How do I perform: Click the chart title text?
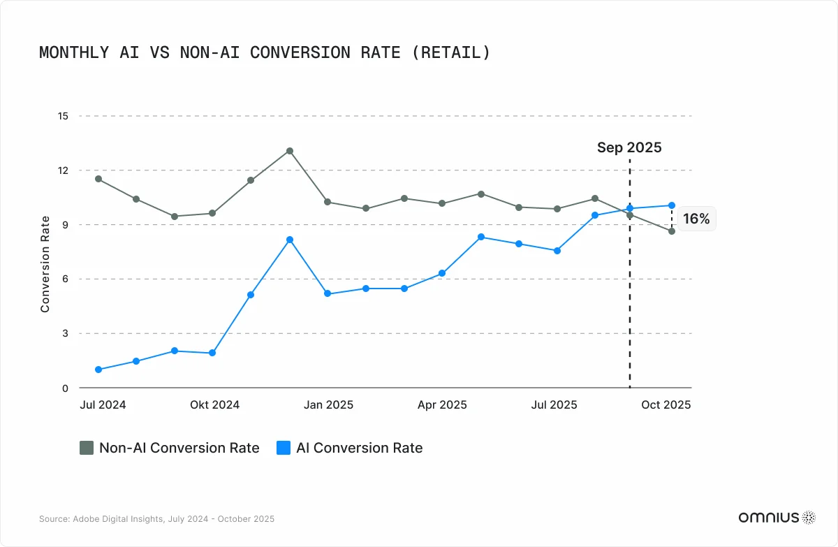click(x=265, y=52)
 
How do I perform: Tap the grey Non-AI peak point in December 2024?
click(x=289, y=151)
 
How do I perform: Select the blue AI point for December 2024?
click(x=289, y=240)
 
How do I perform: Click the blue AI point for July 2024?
click(x=98, y=370)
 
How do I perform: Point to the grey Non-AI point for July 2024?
click(x=98, y=179)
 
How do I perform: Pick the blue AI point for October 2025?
click(x=671, y=205)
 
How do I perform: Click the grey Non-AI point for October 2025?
click(x=671, y=231)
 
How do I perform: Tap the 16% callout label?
click(x=696, y=219)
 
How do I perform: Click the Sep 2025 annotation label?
click(x=629, y=147)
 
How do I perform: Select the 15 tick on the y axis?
click(x=63, y=116)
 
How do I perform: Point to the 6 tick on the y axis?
click(x=65, y=279)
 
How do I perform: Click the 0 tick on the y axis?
click(x=65, y=388)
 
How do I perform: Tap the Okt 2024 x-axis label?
click(x=215, y=405)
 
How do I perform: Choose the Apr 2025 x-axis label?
click(x=442, y=405)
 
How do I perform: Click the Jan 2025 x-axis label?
click(x=329, y=405)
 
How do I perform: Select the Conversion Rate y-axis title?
click(x=45, y=264)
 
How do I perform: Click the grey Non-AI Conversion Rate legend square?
click(x=87, y=448)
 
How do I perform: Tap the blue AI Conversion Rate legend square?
click(x=283, y=448)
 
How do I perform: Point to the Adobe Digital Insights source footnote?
click(x=156, y=519)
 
